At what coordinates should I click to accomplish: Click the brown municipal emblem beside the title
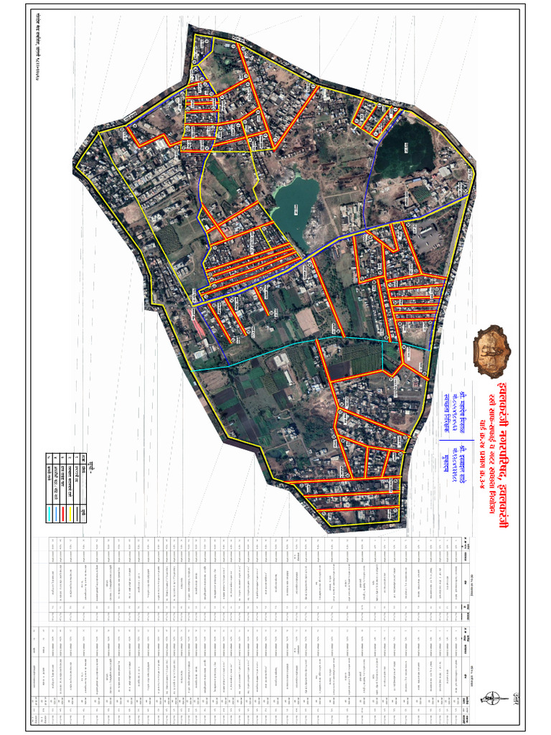(493, 350)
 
